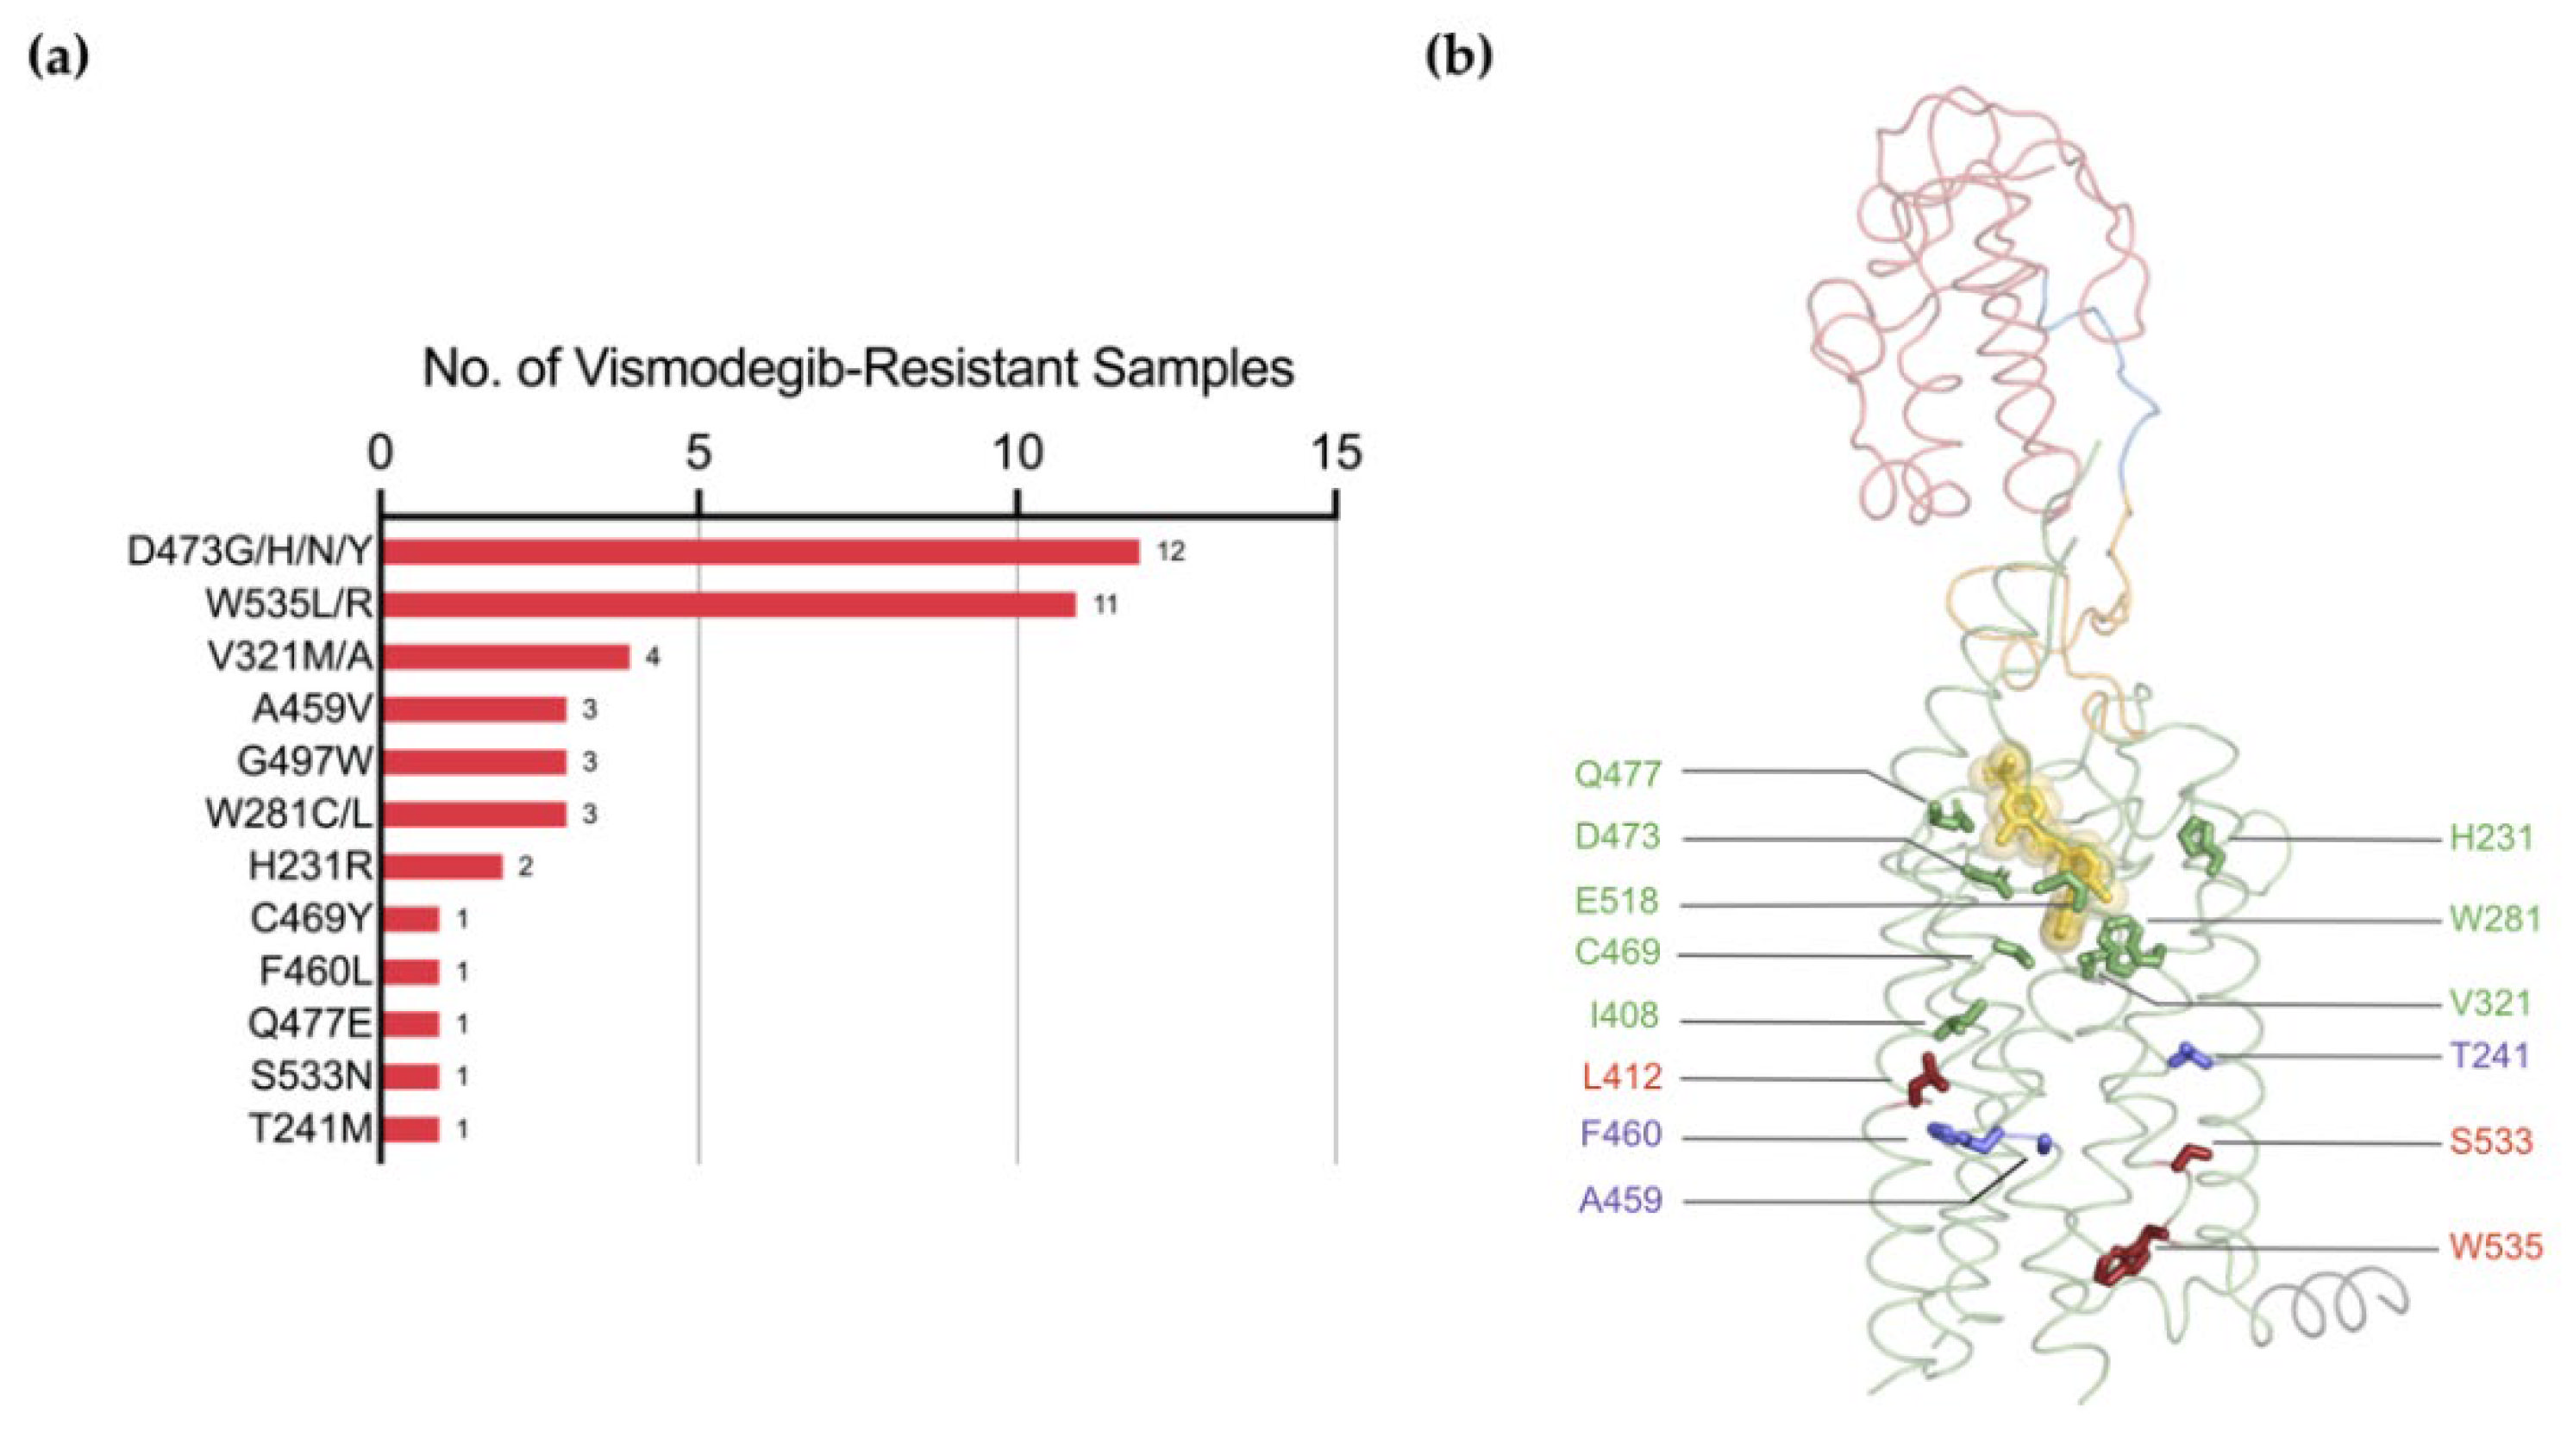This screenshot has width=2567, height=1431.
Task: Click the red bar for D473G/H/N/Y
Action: click(761, 551)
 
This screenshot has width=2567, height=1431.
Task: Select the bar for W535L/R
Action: click(729, 604)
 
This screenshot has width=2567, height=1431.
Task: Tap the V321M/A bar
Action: click(506, 657)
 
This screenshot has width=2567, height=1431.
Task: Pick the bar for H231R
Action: click(442, 866)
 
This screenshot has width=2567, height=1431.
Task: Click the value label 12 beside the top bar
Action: click(1171, 551)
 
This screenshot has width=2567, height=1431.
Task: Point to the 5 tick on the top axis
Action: click(698, 453)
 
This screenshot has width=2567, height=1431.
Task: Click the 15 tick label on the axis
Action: click(1336, 453)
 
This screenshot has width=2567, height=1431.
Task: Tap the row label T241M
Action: click(310, 1129)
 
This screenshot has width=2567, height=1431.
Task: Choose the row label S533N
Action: click(310, 1076)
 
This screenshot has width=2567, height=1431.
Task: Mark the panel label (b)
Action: click(1459, 59)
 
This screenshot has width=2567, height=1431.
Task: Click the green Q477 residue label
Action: click(1618, 773)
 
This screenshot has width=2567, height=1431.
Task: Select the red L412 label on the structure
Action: click(1622, 1076)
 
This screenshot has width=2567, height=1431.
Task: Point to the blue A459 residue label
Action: click(1621, 1200)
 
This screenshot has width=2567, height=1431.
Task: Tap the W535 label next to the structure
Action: click(2496, 1247)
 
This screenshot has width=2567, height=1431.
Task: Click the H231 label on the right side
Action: click(2491, 838)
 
